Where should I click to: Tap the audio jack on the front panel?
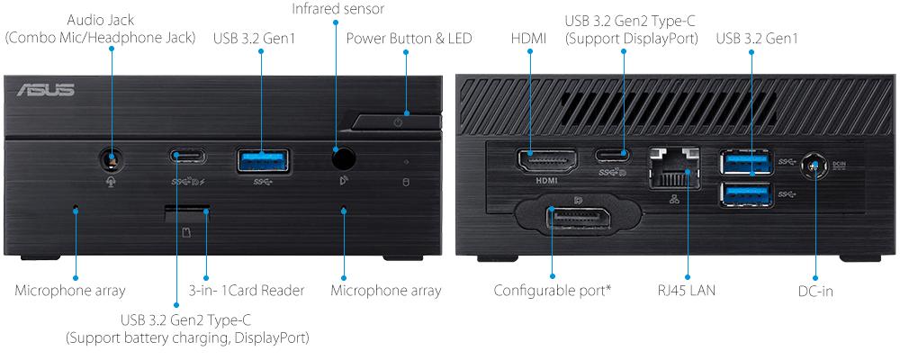pyautogui.click(x=111, y=158)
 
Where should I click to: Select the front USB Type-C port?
pyautogui.click(x=186, y=157)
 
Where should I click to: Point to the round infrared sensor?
pyautogui.click(x=343, y=158)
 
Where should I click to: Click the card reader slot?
pyautogui.click(x=187, y=212)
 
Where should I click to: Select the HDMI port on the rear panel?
pyautogui.click(x=546, y=162)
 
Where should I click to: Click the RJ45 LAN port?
pyautogui.click(x=678, y=166)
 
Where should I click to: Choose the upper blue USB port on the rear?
pyautogui.click(x=745, y=162)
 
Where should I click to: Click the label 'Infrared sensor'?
pyautogui.click(x=337, y=9)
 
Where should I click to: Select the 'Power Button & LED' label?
pyautogui.click(x=409, y=39)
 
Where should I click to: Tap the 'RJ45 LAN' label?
pyautogui.click(x=687, y=291)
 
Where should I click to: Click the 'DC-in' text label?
pyautogui.click(x=814, y=291)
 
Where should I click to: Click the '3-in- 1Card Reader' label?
pyautogui.click(x=247, y=291)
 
